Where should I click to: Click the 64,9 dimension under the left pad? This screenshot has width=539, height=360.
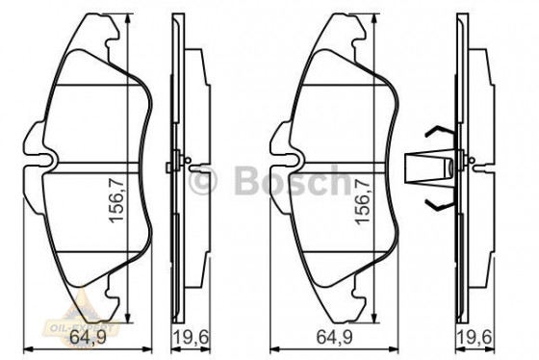click(86, 337)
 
